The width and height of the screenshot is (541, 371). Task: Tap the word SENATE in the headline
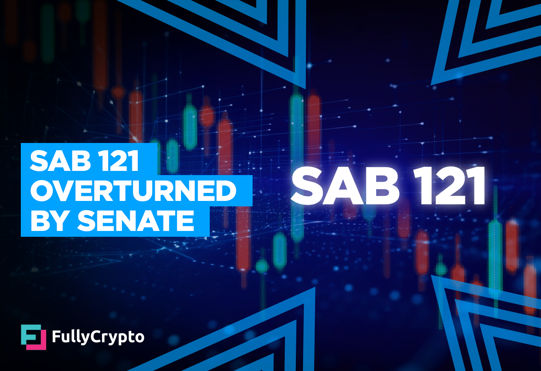pyautogui.click(x=136, y=221)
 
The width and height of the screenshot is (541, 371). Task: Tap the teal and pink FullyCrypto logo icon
pyautogui.click(x=33, y=337)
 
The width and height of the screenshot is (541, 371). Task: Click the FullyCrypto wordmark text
pyautogui.click(x=98, y=337)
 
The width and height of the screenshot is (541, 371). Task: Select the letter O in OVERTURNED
pyautogui.click(x=42, y=191)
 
